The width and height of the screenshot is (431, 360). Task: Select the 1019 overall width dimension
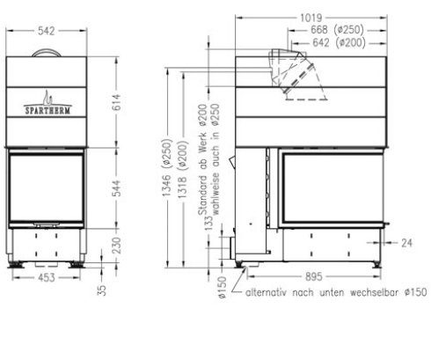(310, 17)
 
